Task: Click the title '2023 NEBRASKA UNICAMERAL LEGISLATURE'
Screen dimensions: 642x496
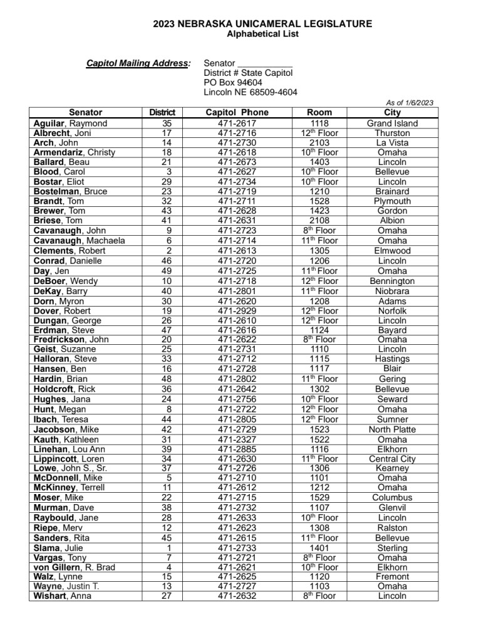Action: (262, 24)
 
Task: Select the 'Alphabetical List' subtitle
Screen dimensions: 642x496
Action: (262, 34)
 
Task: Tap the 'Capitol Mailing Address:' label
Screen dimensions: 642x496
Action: (138, 63)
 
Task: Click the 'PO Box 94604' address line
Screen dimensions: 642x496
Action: (233, 82)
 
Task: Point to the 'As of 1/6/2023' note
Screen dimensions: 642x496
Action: (410, 103)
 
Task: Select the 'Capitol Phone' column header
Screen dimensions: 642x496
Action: (237, 113)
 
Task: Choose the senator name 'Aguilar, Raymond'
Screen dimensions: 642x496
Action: (70, 124)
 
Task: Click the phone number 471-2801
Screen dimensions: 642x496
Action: (237, 291)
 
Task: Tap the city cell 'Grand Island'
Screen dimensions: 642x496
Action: (392, 124)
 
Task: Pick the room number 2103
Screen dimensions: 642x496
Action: (319, 143)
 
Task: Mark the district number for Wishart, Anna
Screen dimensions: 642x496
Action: (167, 596)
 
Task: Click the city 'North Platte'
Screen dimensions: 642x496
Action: (392, 429)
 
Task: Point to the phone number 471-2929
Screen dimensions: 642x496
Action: (237, 310)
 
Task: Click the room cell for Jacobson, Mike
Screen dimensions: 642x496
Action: (319, 429)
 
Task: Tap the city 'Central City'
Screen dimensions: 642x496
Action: (392, 459)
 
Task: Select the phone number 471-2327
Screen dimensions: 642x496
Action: (237, 439)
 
